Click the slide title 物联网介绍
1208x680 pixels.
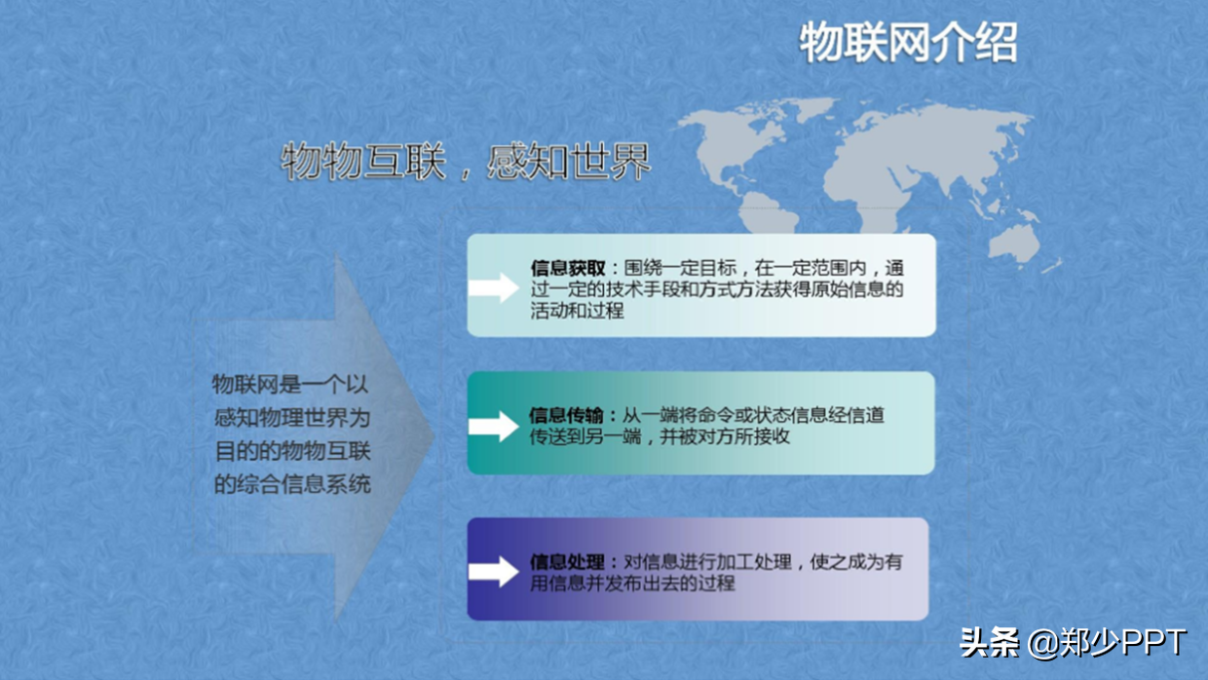point(908,44)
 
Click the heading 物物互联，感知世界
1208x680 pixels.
point(466,163)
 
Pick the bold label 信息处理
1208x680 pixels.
point(568,562)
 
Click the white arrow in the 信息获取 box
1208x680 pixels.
point(493,287)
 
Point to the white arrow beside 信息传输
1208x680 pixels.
point(493,426)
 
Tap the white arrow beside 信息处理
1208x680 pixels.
point(493,572)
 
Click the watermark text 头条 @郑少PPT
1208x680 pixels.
point(1073,643)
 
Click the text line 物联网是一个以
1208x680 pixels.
point(291,385)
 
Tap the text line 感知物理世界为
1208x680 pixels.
point(291,418)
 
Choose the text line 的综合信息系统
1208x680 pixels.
point(291,483)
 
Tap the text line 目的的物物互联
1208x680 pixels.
point(291,451)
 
